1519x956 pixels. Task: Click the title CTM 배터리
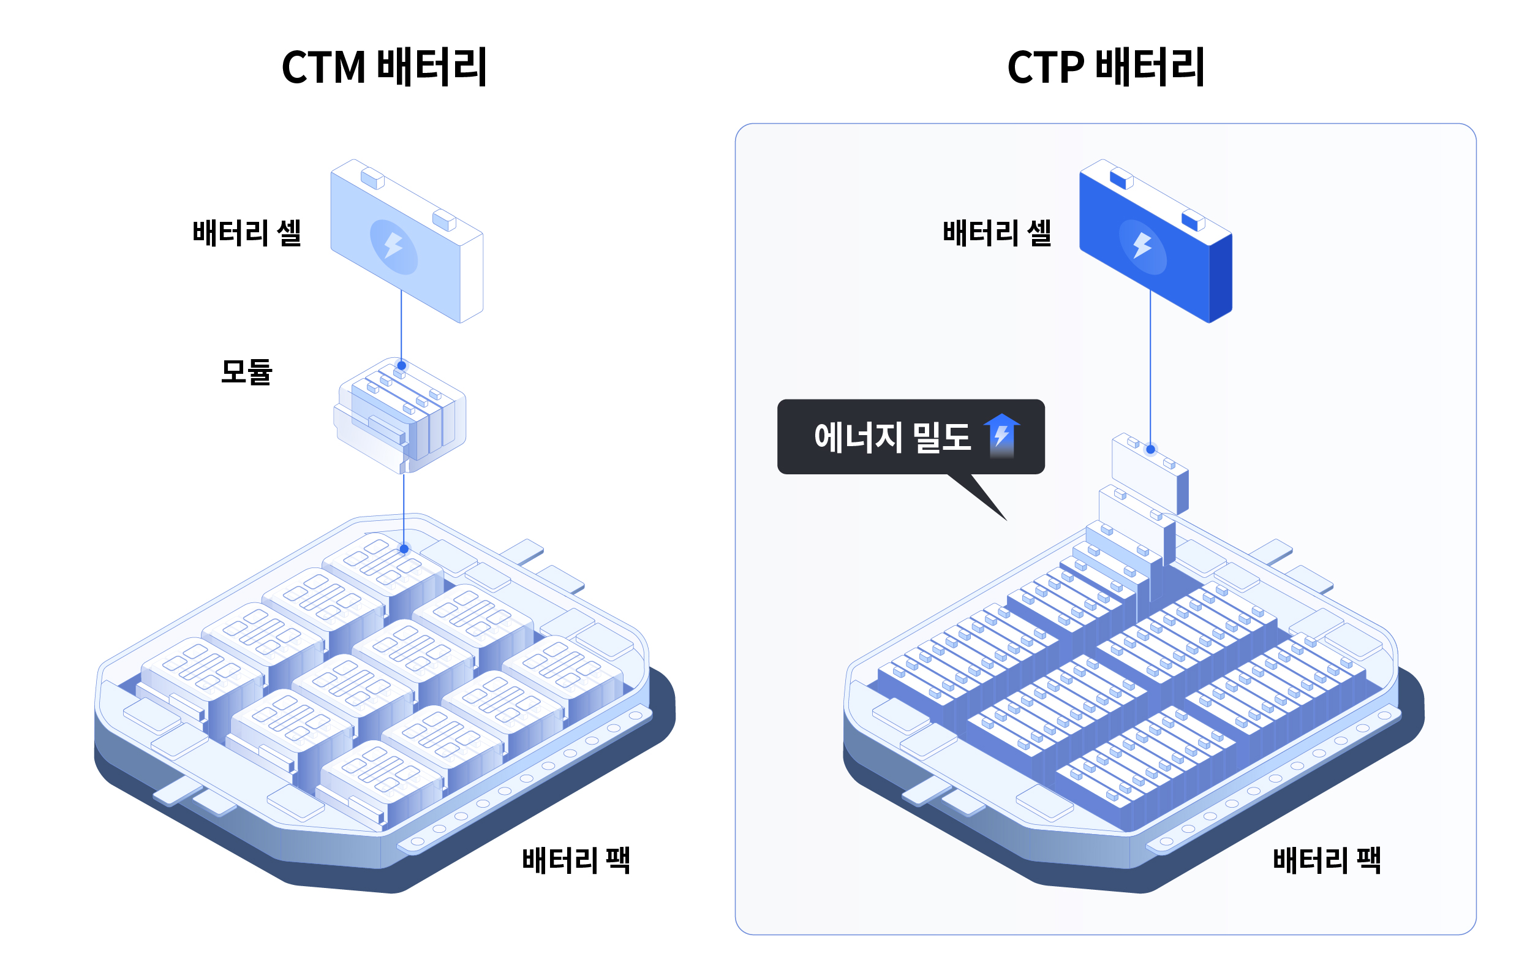[383, 67]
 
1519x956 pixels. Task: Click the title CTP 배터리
[1105, 67]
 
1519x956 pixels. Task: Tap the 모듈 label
[246, 371]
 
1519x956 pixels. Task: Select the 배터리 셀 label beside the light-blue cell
[247, 233]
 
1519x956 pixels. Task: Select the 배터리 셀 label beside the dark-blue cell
[997, 233]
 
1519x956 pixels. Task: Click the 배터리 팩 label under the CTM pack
[575, 860]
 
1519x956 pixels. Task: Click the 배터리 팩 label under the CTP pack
[1326, 860]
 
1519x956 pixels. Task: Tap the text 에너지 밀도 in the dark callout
[892, 437]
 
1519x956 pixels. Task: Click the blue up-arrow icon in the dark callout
[1001, 435]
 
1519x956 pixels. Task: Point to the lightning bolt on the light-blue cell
[394, 246]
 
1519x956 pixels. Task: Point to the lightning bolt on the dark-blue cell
[1142, 246]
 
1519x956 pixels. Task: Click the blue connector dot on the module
[401, 365]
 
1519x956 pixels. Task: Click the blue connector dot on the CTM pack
[404, 549]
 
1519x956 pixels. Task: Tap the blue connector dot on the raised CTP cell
[1151, 449]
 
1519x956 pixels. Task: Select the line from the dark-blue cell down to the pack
[1150, 373]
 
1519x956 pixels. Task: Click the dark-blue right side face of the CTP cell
[1221, 278]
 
